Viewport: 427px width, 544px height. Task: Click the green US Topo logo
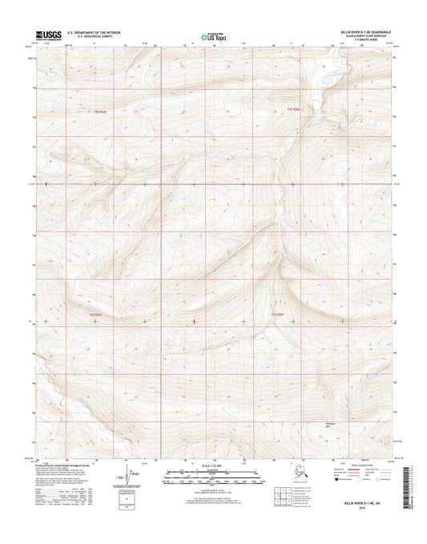tap(213, 35)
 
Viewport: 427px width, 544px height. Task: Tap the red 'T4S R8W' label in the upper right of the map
tap(292, 108)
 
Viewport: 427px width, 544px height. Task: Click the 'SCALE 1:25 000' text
tap(213, 463)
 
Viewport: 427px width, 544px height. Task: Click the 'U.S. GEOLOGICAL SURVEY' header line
tap(94, 37)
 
